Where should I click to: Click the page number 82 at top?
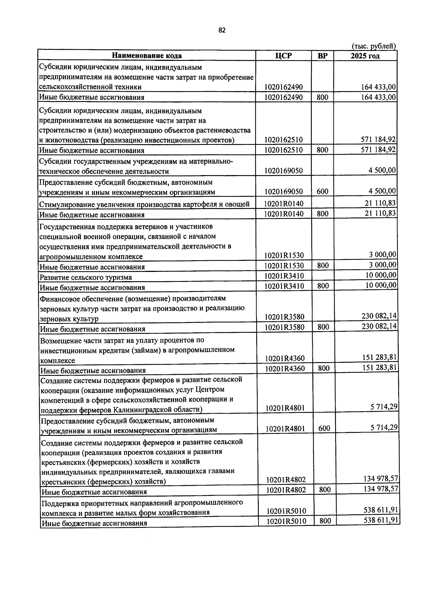pos(222,30)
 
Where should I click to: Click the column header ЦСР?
pos(283,56)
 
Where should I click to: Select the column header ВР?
pos(322,56)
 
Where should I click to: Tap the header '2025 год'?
pos(365,56)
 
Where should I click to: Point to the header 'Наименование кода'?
pos(147,56)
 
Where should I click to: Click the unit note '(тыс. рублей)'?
pos(374,46)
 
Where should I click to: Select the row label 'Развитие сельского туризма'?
pos(85,277)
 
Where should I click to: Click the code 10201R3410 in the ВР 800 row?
pos(284,286)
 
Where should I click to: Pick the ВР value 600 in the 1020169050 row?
pos(322,191)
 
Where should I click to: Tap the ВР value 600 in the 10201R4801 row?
pos(324,429)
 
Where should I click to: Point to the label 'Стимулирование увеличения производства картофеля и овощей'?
pos(144,204)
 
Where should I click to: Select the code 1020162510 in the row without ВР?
pos(284,140)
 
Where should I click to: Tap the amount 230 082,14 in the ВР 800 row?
pos(379,326)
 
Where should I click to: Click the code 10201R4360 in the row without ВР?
pos(285,358)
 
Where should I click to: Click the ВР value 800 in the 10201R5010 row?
pos(325,521)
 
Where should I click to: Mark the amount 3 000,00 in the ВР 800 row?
pos(382,264)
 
